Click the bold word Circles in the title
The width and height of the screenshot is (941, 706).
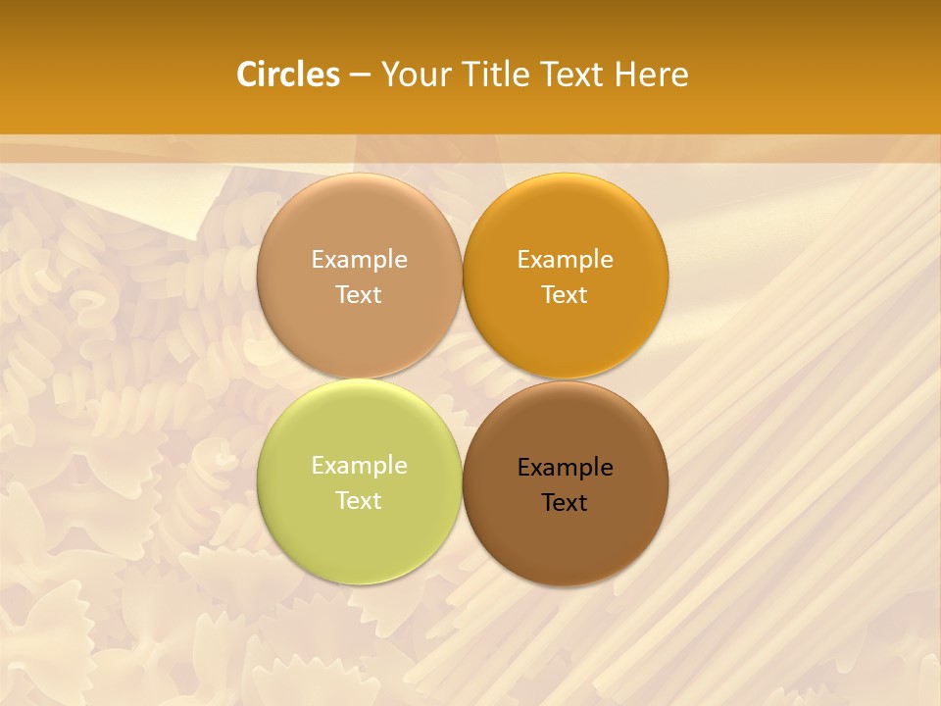pyautogui.click(x=288, y=75)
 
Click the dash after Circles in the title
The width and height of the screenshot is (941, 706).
pyautogui.click(x=360, y=76)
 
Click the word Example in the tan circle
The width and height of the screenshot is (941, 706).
pyautogui.click(x=359, y=260)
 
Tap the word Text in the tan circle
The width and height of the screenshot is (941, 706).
pyautogui.click(x=359, y=295)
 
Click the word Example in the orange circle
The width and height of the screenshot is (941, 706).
pyautogui.click(x=566, y=260)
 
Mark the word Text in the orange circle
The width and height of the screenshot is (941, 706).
pyautogui.click(x=566, y=295)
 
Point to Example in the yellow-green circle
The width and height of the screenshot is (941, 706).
pyautogui.click(x=359, y=466)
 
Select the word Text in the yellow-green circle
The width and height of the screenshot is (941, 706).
pyautogui.click(x=359, y=501)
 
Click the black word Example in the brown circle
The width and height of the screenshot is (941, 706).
pyautogui.click(x=566, y=468)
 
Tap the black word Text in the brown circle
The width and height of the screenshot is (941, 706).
pyautogui.click(x=566, y=503)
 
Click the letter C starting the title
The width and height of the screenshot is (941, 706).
pyautogui.click(x=247, y=75)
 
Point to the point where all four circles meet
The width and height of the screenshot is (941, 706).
pyautogui.click(x=463, y=379)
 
